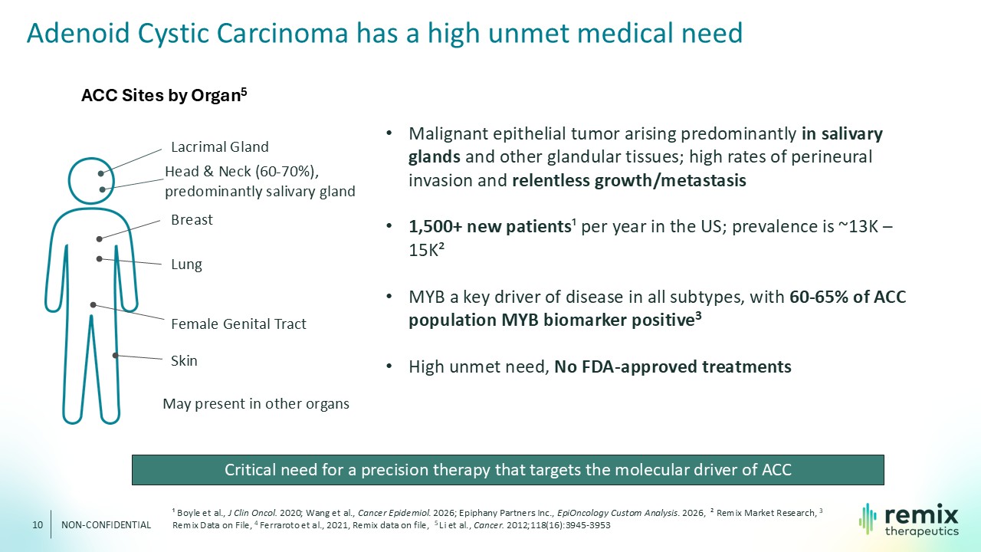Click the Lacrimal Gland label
point(219,146)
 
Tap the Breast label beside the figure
point(192,219)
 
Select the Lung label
point(186,264)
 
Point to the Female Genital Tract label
point(238,324)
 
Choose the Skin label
point(184,360)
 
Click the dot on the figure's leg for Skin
point(115,355)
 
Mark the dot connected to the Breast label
point(100,239)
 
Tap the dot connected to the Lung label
point(100,259)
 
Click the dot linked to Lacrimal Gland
point(100,173)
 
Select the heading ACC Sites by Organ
point(164,95)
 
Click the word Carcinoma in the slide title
point(283,33)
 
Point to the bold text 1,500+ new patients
point(490,226)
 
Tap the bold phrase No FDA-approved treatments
point(673,366)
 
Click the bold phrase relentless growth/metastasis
point(629,180)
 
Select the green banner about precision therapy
point(508,470)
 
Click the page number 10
point(38,525)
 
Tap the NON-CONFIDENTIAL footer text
point(106,525)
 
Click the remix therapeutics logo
point(909,520)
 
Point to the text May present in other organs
point(256,403)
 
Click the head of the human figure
point(91,180)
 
